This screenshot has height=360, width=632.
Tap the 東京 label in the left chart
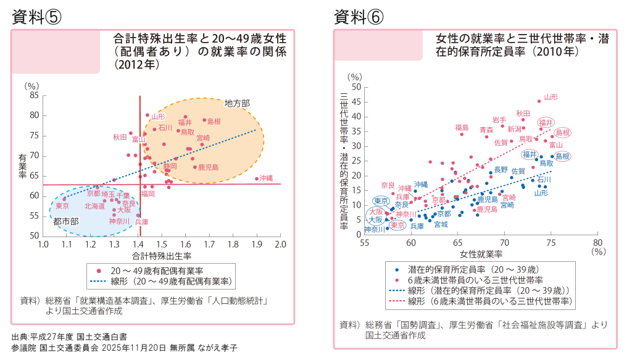click(x=62, y=206)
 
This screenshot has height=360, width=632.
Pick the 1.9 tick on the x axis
click(x=257, y=245)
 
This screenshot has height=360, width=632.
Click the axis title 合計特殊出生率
click(x=162, y=255)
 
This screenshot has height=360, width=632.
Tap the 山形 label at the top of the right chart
click(x=551, y=97)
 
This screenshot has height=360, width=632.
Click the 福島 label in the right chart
click(x=462, y=127)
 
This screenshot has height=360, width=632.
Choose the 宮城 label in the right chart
click(x=441, y=224)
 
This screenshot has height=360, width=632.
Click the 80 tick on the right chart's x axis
click(x=597, y=243)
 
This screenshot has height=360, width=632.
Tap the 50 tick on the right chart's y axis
click(x=355, y=87)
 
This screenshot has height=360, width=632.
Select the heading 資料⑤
click(x=36, y=17)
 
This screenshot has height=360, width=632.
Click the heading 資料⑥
click(x=359, y=17)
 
